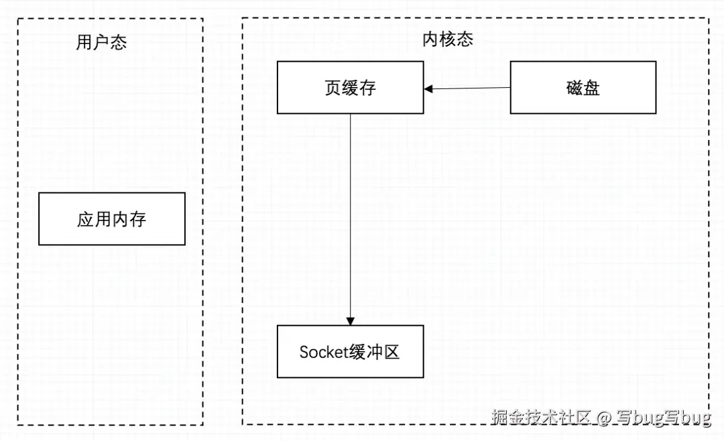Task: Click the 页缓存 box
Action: coord(350,88)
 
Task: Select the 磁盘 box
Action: coord(583,88)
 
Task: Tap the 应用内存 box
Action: coord(111,219)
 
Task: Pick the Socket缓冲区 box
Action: coord(350,352)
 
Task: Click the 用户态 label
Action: coord(101,43)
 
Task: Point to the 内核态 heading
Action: coord(448,40)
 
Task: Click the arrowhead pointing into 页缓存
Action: coord(428,88)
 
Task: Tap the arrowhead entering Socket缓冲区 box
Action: coord(351,321)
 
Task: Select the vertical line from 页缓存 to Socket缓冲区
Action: coord(351,214)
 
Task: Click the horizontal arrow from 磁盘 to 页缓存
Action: coord(469,88)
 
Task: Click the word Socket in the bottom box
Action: coord(321,352)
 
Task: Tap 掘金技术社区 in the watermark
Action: coord(542,418)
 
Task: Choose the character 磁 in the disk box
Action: coord(575,88)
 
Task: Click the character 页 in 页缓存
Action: coord(333,88)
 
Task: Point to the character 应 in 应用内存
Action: coord(85,219)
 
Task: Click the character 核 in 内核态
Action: coord(448,40)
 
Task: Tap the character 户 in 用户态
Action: coord(101,43)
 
